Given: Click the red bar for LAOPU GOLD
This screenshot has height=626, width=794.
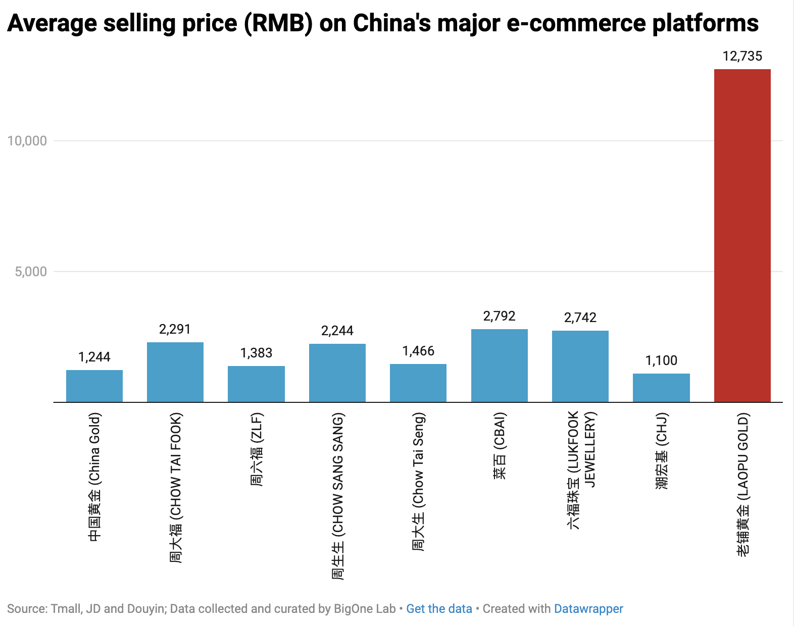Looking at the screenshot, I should coord(742,235).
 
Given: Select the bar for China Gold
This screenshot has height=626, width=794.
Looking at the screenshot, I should coord(94,386).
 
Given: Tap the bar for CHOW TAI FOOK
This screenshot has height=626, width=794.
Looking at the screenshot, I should coord(175,372).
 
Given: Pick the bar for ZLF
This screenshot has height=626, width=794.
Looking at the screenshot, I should coord(256,384).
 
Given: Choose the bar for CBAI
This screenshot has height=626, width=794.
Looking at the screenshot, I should coord(499,366).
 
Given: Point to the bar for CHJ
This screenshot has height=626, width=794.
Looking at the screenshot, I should coord(661,388).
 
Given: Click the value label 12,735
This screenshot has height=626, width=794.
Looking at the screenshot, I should coord(742,56).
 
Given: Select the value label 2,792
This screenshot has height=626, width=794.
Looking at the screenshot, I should coord(499,316).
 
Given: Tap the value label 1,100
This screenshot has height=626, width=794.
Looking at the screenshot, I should coord(661,360).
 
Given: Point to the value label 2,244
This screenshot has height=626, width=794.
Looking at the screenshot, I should coord(337,331).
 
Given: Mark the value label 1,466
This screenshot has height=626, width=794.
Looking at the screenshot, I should coord(418,351).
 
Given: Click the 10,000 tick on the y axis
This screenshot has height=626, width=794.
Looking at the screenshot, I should coord(27,141).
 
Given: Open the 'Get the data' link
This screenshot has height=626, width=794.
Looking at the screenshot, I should coord(439,609).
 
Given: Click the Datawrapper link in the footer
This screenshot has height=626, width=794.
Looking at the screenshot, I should coord(588,609).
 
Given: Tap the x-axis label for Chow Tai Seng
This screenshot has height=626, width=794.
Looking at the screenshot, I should coord(419,482).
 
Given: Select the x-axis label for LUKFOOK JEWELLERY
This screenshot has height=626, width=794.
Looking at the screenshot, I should coord(581,470).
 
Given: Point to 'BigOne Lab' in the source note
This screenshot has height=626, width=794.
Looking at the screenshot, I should coord(365,609).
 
